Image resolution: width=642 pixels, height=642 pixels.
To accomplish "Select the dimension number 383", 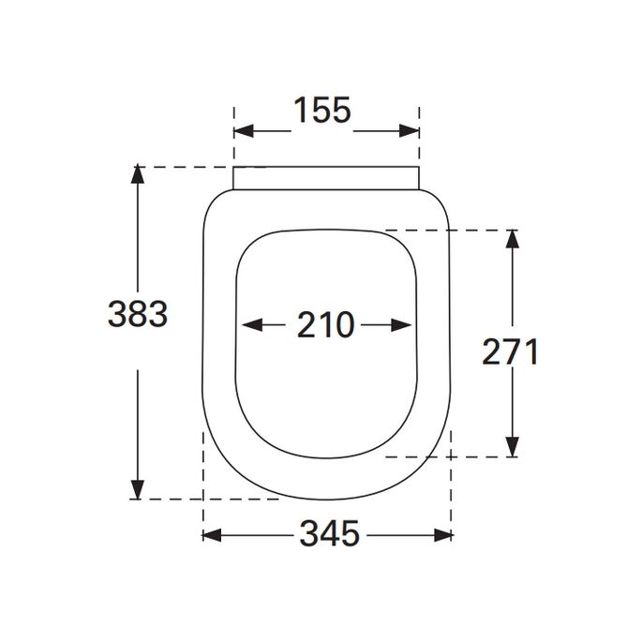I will click(x=137, y=315).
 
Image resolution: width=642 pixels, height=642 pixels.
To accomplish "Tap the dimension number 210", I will click(x=326, y=326).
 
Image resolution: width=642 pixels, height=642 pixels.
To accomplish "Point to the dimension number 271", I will click(x=511, y=352).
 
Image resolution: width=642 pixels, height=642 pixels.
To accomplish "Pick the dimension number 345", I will click(x=329, y=535).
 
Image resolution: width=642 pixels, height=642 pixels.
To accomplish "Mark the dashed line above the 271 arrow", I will click(x=450, y=229).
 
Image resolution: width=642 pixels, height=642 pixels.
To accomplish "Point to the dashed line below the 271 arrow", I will click(x=450, y=457).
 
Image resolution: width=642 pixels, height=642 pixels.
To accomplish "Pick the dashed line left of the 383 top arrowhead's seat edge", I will click(x=187, y=167).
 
